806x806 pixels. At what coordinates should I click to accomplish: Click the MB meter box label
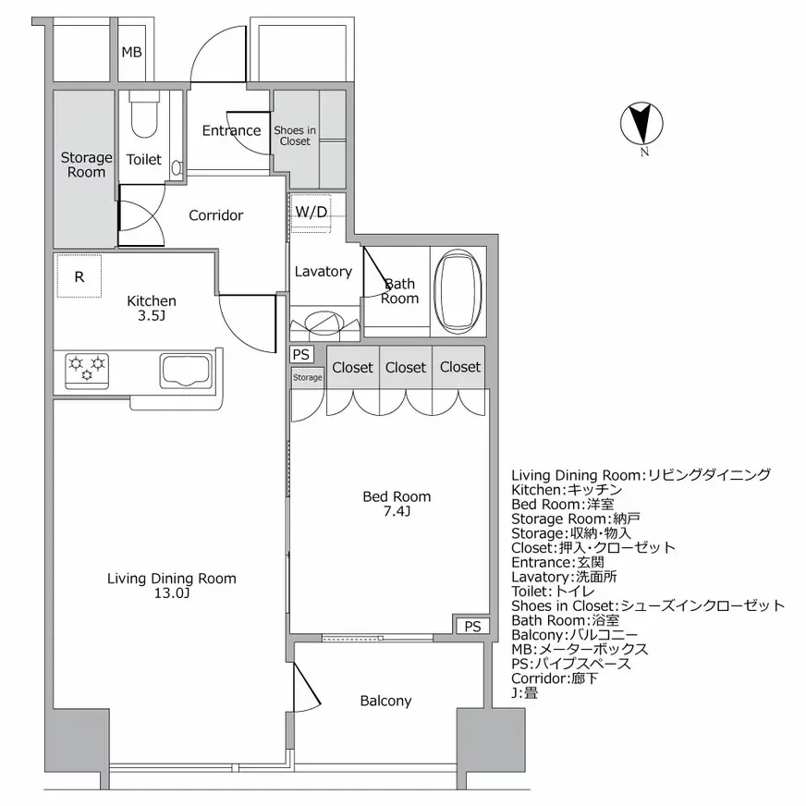(131, 52)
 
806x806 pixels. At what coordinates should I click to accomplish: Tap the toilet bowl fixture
(143, 115)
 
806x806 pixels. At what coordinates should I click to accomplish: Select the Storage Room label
(86, 165)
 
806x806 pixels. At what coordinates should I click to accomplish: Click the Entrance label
(231, 130)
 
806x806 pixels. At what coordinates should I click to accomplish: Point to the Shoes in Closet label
(295, 136)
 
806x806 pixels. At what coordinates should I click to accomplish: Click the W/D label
(311, 212)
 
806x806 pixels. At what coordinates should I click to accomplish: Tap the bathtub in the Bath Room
(458, 289)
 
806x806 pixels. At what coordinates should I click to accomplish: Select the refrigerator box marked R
(79, 276)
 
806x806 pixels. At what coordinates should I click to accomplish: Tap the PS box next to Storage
(301, 354)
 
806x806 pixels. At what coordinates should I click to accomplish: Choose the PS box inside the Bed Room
(472, 626)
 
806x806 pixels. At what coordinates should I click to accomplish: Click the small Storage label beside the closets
(308, 377)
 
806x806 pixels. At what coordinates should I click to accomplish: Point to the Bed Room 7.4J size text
(396, 511)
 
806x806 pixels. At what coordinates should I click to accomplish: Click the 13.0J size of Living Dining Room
(172, 593)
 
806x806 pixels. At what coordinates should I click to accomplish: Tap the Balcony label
(385, 701)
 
